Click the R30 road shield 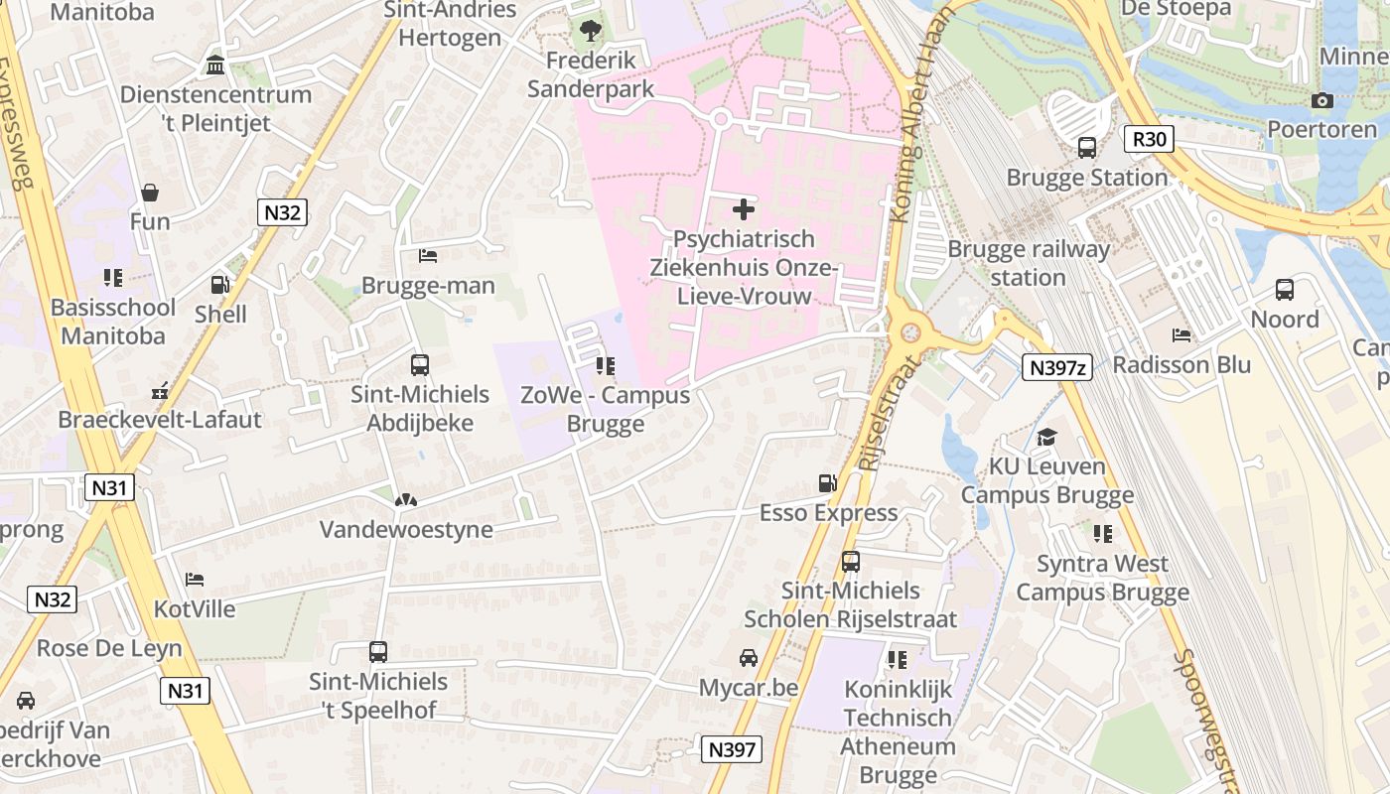tap(1149, 138)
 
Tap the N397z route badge tap(1056, 368)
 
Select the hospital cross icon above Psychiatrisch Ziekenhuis tap(743, 209)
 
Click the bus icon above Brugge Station tap(1087, 148)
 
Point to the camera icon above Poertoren tap(1321, 100)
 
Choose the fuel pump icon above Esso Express tap(827, 483)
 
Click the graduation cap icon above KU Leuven tap(1046, 437)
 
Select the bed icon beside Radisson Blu tap(1181, 335)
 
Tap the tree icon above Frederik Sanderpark tap(591, 32)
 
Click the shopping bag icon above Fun tap(150, 192)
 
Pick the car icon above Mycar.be tap(748, 658)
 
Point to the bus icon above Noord tap(1284, 290)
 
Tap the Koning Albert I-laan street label tap(919, 109)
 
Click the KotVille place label tap(195, 608)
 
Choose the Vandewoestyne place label tap(406, 529)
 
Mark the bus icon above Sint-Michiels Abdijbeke tap(420, 364)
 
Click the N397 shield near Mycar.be tap(733, 749)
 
